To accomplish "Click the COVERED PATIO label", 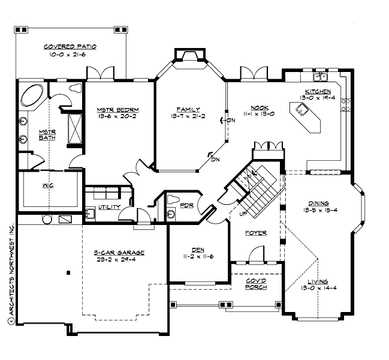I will pyautogui.click(x=70, y=46).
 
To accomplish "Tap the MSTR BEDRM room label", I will pyautogui.click(x=118, y=110).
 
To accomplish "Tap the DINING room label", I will pyautogui.click(x=319, y=203).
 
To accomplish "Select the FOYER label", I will pyautogui.click(x=256, y=233).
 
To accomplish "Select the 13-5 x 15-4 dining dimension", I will pyautogui.click(x=319, y=211).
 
